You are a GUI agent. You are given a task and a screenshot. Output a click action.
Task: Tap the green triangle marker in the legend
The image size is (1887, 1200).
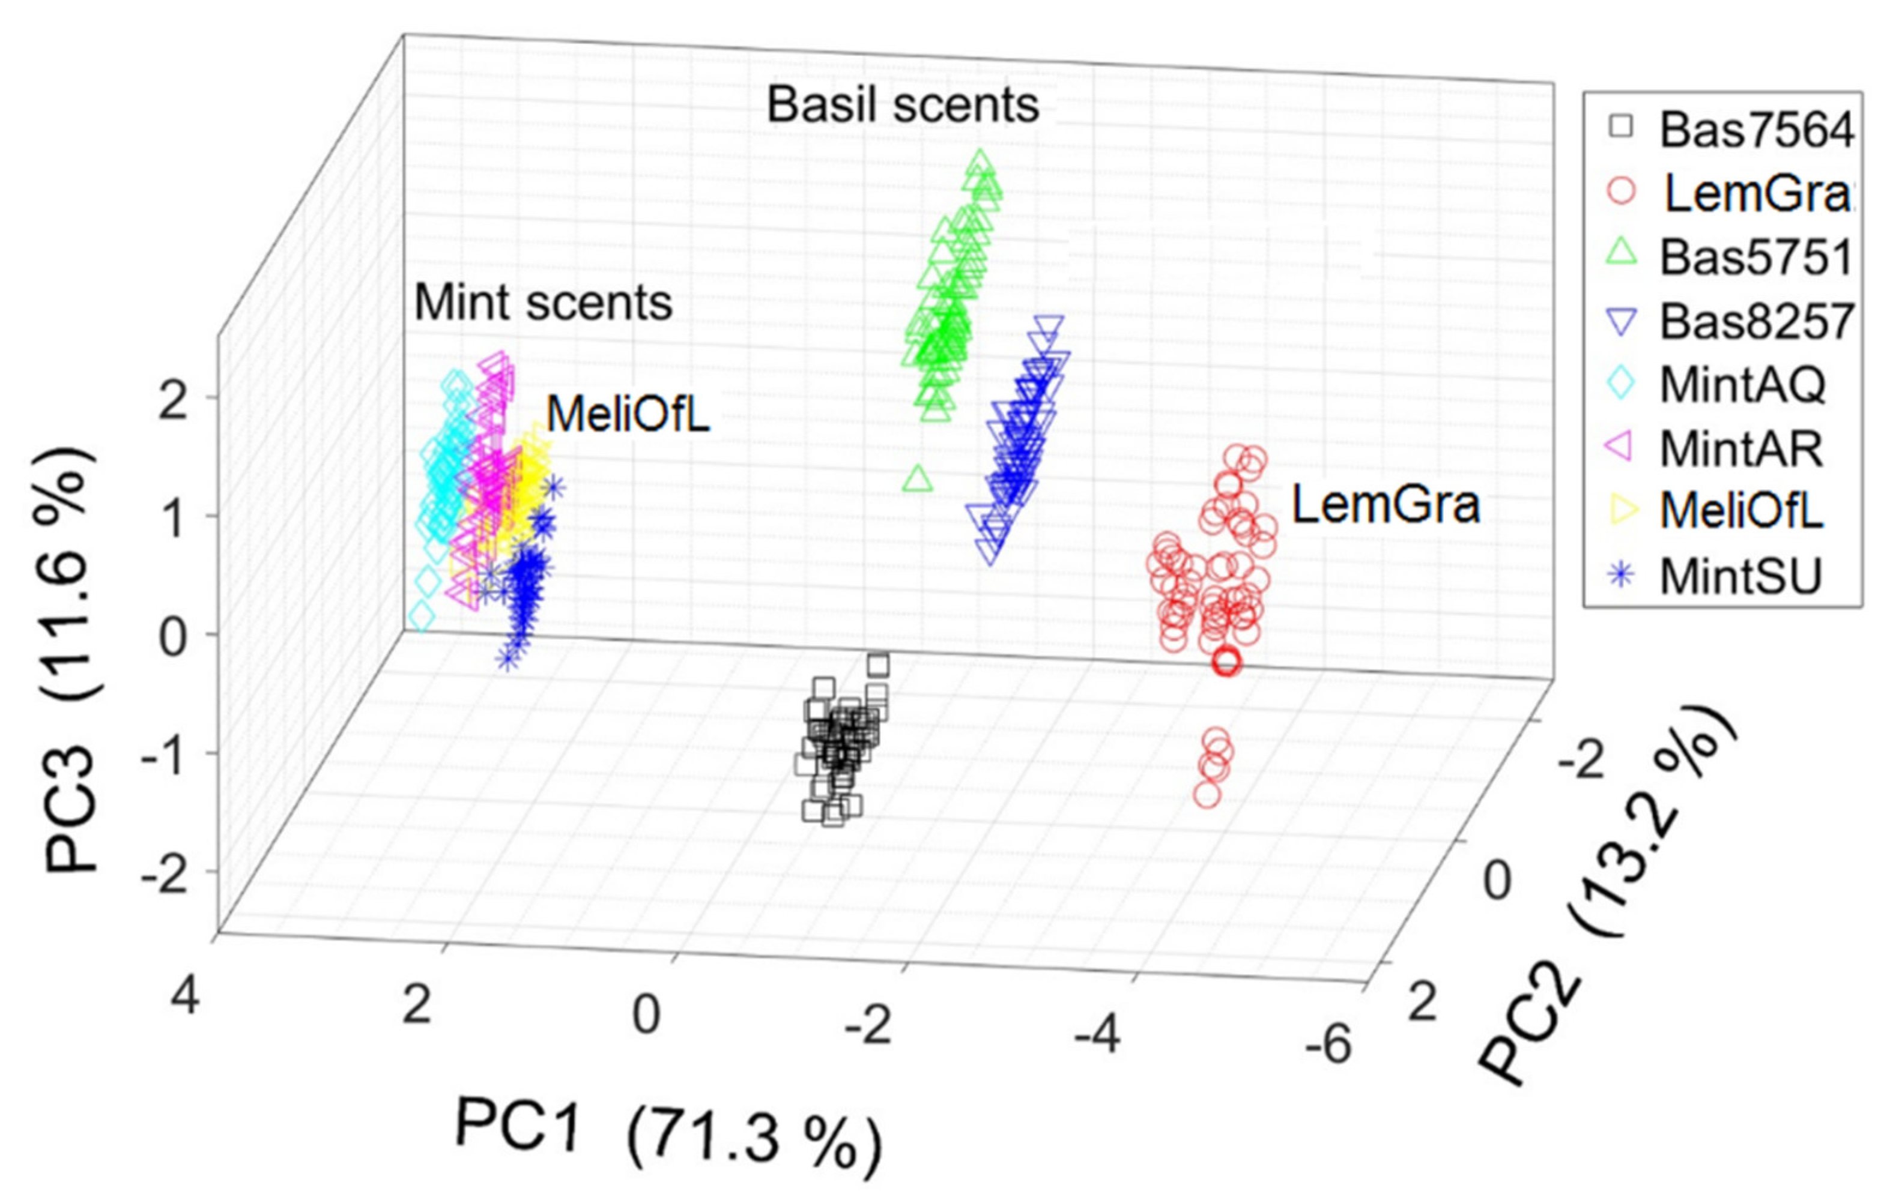(1622, 255)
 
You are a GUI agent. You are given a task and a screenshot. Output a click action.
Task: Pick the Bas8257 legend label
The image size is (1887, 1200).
(1755, 321)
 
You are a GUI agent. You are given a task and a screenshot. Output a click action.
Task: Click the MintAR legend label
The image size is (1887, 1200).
(1740, 449)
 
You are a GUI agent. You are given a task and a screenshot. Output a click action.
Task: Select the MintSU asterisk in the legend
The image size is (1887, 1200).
(1622, 576)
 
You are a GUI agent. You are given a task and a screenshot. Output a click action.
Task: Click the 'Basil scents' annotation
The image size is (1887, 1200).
(902, 106)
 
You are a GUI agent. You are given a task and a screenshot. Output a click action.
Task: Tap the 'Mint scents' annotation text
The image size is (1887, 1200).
(542, 303)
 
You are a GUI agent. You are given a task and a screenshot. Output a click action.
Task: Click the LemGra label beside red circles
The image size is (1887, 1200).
(1385, 504)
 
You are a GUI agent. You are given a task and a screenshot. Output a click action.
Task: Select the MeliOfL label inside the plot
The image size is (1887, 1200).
(628, 415)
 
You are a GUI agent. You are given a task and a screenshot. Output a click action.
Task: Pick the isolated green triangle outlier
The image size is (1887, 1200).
(918, 478)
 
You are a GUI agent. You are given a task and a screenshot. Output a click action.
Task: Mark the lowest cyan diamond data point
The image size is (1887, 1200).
(422, 617)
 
